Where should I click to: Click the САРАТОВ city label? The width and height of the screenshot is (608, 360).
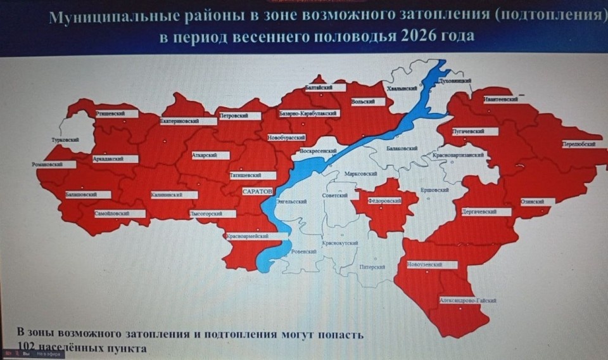coord(257,190)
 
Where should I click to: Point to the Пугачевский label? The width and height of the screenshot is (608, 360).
coord(468,131)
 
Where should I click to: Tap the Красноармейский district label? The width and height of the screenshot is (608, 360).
coord(248,236)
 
